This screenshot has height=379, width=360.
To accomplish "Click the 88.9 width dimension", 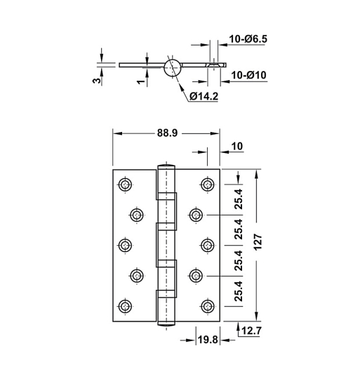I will point(166,131).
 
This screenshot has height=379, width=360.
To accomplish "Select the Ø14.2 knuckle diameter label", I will point(204,95).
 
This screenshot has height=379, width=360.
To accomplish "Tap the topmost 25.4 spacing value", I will point(238,199).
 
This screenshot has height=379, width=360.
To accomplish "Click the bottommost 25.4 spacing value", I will point(238,291).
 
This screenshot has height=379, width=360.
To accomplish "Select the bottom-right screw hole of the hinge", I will point(207,306).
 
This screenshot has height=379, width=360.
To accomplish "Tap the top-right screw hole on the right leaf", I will point(207,185).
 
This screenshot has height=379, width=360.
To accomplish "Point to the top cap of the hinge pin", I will point(166,166).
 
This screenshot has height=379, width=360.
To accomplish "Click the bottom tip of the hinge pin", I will point(166,324).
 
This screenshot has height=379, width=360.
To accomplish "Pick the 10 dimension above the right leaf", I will point(236,146).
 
